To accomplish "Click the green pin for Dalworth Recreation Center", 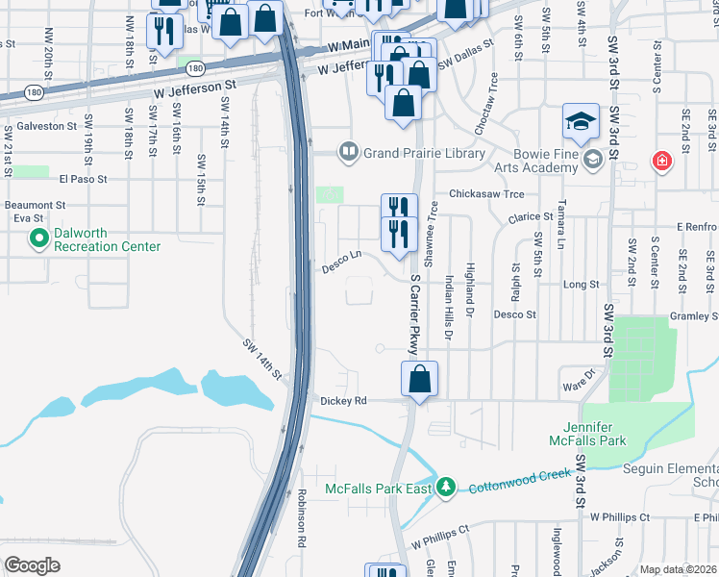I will click(x=39, y=238).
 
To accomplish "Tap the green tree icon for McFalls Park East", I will click(x=445, y=488).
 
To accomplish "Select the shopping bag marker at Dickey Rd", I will click(x=419, y=380).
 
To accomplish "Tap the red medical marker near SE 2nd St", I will click(x=661, y=162).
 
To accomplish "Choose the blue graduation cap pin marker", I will click(x=581, y=121).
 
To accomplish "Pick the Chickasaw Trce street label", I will click(x=485, y=192).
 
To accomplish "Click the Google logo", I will click(x=33, y=564).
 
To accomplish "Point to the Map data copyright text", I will click(x=678, y=569).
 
